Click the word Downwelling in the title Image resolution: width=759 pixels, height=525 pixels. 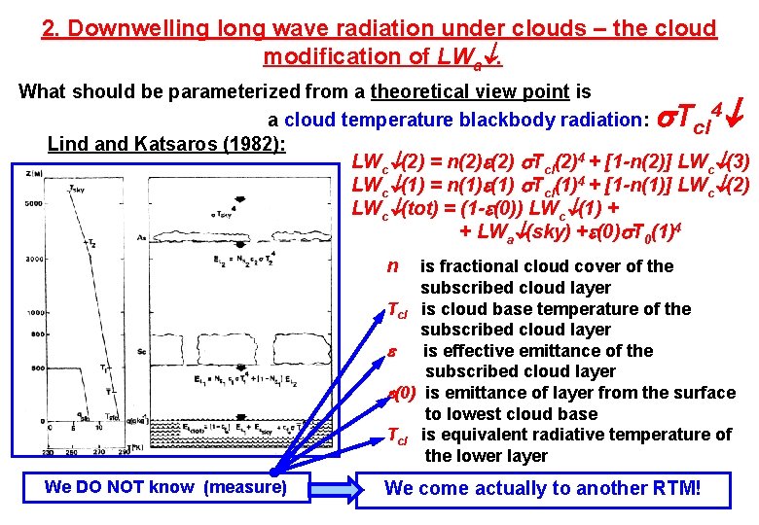tap(138, 28)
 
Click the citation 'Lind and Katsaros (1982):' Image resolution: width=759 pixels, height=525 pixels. tap(166, 145)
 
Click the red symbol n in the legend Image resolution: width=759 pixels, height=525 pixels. tap(392, 265)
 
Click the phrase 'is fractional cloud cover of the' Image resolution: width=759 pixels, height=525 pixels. tap(546, 266)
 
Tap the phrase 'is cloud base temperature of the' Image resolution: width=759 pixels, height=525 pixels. tap(556, 309)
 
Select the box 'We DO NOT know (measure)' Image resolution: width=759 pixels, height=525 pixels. tap(165, 487)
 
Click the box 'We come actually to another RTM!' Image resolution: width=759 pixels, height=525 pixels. tap(543, 488)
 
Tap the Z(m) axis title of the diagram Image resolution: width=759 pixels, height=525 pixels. tap(29, 173)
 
